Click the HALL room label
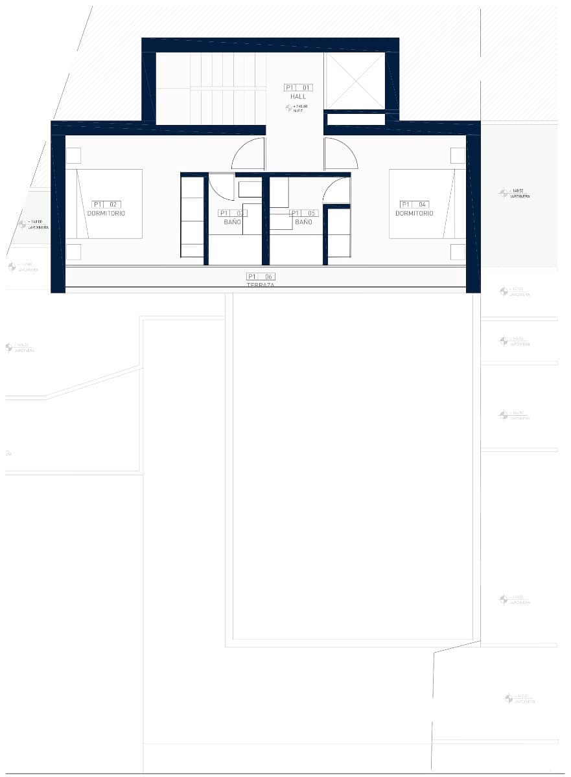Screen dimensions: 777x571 [298, 96]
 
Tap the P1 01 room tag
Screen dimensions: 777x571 [298, 87]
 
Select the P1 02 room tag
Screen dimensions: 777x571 [106, 205]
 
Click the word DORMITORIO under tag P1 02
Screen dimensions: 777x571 [106, 214]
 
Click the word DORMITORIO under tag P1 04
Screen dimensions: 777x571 [414, 214]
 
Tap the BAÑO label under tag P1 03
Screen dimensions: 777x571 [233, 222]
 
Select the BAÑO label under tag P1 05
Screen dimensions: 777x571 [303, 222]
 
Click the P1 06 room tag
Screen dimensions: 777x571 [261, 276]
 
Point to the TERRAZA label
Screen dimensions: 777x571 [261, 285]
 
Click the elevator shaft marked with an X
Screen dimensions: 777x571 [355, 81]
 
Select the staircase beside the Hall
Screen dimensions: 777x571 [227, 87]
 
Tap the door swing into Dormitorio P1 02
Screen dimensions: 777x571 [250, 155]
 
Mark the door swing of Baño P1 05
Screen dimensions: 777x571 [337, 190]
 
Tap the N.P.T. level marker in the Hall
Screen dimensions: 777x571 [297, 108]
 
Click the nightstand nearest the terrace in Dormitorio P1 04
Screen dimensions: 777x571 [458, 252]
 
